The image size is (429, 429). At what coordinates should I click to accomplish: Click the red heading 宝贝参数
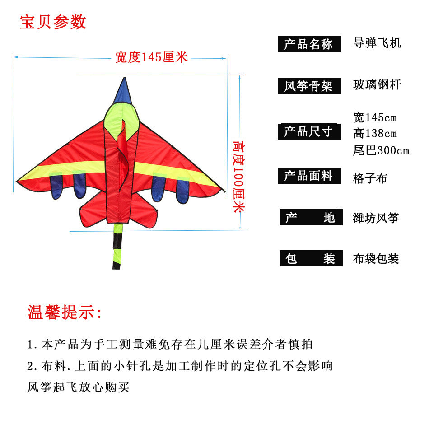pyautogui.click(x=53, y=22)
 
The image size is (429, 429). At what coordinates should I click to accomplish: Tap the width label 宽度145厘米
pyautogui.click(x=151, y=57)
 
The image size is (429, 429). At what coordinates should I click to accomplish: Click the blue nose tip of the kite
pyautogui.click(x=124, y=90)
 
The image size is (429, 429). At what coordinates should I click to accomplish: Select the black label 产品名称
pyautogui.click(x=309, y=44)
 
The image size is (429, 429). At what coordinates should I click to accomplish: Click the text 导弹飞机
pyautogui.click(x=377, y=43)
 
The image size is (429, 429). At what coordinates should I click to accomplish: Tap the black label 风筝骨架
pyautogui.click(x=309, y=85)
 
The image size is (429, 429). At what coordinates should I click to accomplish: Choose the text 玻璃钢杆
pyautogui.click(x=377, y=84)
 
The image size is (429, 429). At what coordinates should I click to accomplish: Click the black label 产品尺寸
pyautogui.click(x=309, y=131)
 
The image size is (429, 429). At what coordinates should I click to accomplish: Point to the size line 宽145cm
pyautogui.click(x=375, y=117)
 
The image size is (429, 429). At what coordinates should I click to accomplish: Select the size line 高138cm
pyautogui.click(x=375, y=134)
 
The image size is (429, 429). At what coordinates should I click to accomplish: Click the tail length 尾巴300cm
pyautogui.click(x=381, y=150)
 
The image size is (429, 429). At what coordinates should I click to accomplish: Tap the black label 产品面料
pyautogui.click(x=309, y=176)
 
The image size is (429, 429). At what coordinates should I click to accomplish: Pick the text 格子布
pyautogui.click(x=370, y=178)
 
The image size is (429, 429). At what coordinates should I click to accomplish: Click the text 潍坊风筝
pyautogui.click(x=376, y=218)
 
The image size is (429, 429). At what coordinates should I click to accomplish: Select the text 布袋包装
pyautogui.click(x=376, y=259)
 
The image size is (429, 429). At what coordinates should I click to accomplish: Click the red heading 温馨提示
pyautogui.click(x=65, y=312)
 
